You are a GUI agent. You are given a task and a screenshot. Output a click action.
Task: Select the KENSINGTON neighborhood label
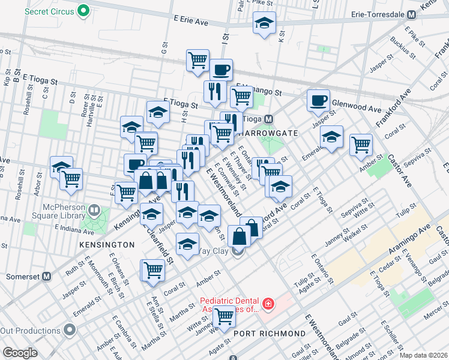[x=106, y=245]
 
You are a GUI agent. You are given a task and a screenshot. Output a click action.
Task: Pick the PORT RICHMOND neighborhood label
[x=270, y=334]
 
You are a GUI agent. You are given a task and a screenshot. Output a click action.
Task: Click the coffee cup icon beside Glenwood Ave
[x=318, y=100]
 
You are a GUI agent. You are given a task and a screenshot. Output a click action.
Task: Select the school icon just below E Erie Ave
[x=264, y=24]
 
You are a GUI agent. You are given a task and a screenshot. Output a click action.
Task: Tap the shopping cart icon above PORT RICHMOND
[x=224, y=316]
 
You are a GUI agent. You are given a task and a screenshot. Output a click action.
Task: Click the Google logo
[x=20, y=353]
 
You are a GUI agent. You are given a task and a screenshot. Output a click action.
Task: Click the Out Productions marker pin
[x=70, y=330]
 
